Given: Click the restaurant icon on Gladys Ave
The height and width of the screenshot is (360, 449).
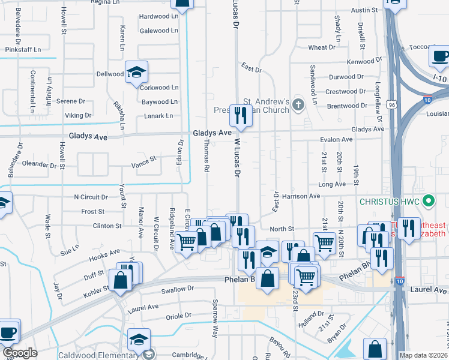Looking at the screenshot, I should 241,114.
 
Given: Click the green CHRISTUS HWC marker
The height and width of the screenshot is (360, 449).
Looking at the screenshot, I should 428,200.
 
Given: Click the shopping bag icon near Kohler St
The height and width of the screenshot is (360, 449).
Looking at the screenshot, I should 120,279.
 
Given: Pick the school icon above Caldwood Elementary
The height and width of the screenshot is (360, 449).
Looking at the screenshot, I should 139,339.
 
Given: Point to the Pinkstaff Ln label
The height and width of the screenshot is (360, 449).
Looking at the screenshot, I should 23,49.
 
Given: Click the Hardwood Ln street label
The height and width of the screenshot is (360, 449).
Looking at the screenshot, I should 159,16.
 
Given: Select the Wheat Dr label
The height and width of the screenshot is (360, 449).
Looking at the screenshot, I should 322,47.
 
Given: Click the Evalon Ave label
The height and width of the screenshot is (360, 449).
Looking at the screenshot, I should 336,139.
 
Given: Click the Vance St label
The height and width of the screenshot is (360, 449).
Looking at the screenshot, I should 144,159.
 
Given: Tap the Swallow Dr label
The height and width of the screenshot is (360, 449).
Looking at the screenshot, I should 178,289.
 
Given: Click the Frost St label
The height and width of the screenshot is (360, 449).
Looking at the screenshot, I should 93,212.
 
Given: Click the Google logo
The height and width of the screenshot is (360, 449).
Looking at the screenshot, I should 20,353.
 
